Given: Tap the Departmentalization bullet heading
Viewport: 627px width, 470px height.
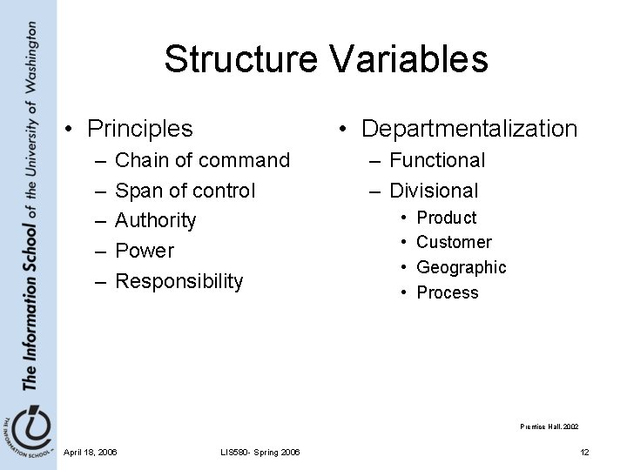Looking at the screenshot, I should (469, 129).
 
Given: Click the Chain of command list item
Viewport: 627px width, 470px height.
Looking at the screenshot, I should (202, 160).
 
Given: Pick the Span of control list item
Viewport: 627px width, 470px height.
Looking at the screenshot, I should (185, 191).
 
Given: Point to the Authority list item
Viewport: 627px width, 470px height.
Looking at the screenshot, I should (156, 220).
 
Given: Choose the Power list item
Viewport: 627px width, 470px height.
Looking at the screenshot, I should (145, 251).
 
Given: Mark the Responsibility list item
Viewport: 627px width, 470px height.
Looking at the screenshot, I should (179, 281).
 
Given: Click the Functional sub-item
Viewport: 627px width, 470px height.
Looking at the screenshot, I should (437, 160).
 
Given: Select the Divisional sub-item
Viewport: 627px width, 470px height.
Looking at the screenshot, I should (434, 191).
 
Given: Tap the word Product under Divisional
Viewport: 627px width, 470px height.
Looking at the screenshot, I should (447, 218).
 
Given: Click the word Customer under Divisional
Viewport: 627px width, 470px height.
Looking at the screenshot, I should (454, 242).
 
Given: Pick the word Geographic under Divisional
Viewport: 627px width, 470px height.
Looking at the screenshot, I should (461, 267).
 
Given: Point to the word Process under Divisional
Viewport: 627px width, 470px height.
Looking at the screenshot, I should (448, 292).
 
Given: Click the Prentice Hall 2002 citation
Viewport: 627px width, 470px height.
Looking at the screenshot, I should (549, 426).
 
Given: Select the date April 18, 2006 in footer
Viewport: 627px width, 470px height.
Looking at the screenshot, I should (91, 451).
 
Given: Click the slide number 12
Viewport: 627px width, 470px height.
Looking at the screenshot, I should (584, 451).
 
